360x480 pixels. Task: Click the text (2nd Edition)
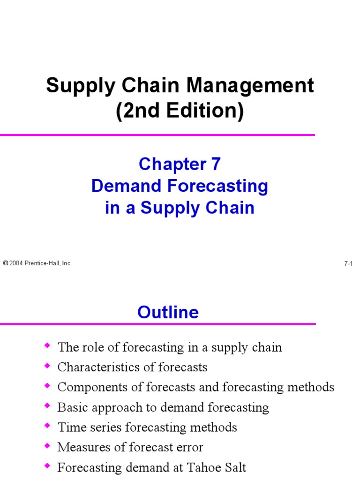coord(180,112)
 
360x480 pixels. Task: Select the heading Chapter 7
coord(180,164)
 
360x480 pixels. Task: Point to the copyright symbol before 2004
coord(6,264)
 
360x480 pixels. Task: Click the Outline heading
coord(168,312)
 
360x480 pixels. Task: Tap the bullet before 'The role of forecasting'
coord(46,346)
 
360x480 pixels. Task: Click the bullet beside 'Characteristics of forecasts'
coord(46,366)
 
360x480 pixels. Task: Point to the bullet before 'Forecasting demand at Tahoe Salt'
coord(46,466)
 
